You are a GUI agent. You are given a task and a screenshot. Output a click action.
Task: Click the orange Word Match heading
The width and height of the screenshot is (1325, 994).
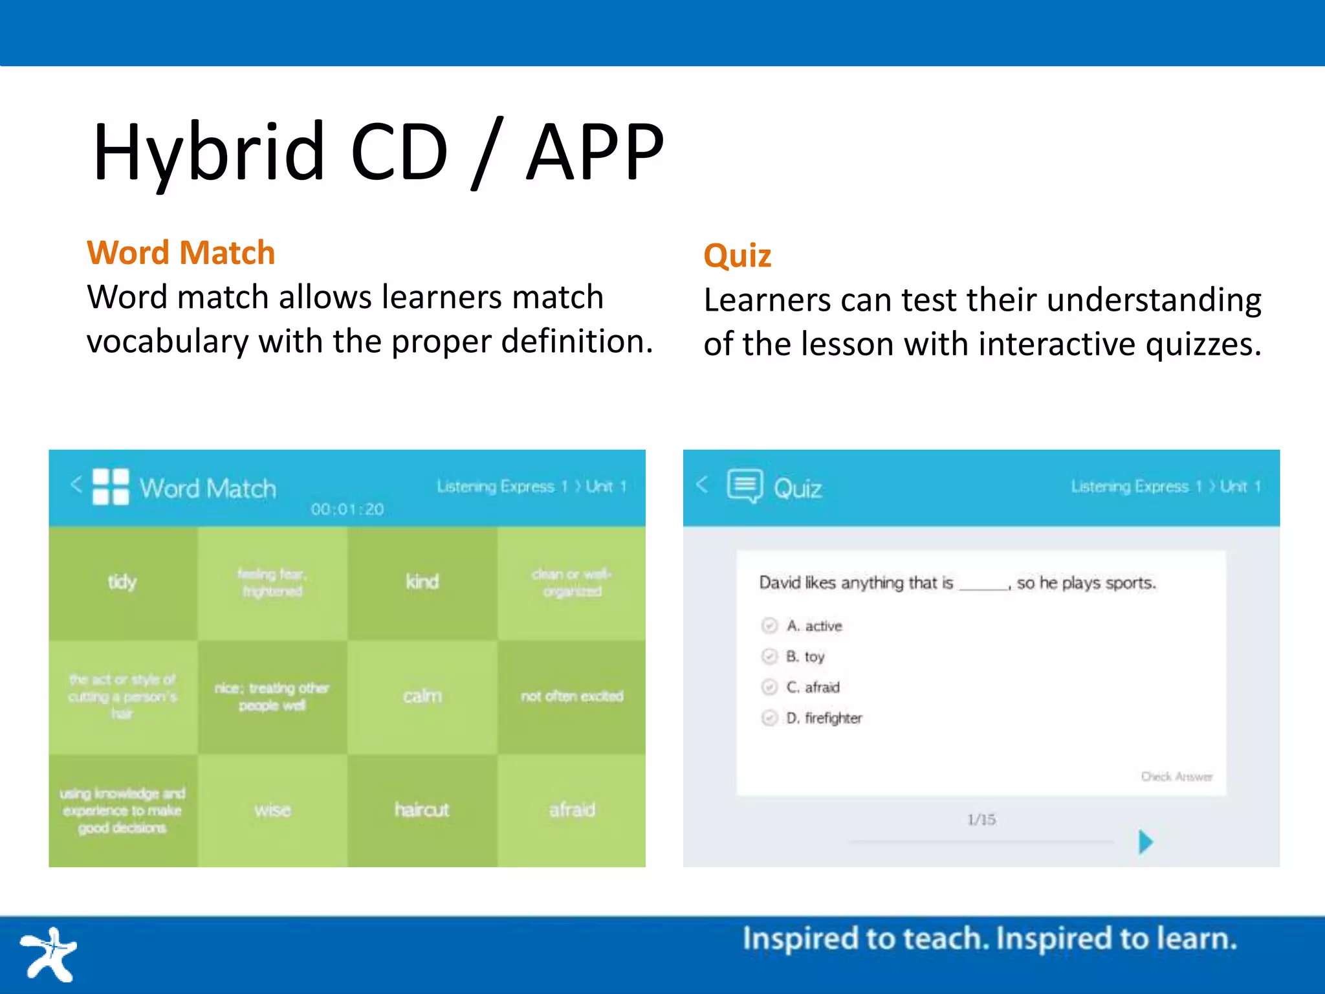click(181, 252)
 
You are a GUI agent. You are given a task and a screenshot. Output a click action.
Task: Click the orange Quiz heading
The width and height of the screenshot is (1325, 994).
click(737, 255)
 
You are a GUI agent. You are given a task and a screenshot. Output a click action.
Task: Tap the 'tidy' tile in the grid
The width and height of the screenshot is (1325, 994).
click(122, 582)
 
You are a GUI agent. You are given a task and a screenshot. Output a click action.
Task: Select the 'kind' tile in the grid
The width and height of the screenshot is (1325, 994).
click(422, 582)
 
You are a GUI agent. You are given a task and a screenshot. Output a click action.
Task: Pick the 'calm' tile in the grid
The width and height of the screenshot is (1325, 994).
click(422, 696)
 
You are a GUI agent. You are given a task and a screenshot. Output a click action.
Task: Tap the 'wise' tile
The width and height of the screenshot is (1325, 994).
click(272, 810)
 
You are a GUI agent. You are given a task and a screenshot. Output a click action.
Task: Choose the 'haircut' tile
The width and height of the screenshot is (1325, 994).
click(422, 810)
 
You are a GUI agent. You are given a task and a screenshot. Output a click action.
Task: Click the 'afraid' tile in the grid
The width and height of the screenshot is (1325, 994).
click(572, 810)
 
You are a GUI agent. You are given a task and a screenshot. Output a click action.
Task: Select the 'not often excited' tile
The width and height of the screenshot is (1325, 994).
click(572, 696)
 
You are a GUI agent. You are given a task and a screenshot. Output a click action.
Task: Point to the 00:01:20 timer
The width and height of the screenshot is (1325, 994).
click(347, 509)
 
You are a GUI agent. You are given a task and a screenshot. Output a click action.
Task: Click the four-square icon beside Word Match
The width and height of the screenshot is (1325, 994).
click(111, 487)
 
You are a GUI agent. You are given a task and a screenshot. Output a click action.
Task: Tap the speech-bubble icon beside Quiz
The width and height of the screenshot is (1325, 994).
click(745, 486)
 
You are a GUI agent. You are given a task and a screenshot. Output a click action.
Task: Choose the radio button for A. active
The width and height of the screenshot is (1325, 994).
click(769, 626)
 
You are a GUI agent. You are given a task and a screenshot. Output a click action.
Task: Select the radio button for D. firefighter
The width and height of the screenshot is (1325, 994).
click(769, 718)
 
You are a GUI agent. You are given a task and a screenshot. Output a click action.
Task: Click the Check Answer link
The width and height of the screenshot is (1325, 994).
click(1176, 776)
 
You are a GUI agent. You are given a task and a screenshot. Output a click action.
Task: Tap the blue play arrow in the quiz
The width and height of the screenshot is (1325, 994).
click(1145, 842)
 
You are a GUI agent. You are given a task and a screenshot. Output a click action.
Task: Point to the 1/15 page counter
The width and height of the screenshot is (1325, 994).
click(981, 819)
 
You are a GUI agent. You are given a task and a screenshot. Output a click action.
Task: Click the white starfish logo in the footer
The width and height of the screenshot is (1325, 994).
click(49, 954)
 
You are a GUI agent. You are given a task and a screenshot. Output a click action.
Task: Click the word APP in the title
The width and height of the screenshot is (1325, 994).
click(595, 152)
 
